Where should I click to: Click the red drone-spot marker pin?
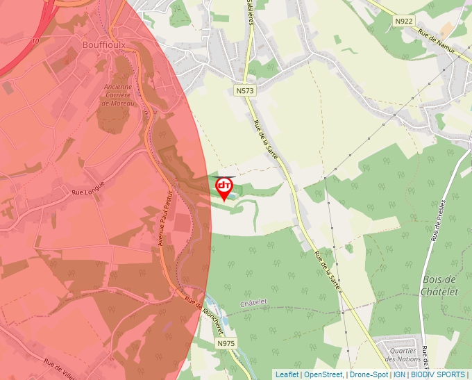(x=224, y=188)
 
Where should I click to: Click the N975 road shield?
(x=226, y=344)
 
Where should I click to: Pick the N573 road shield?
(x=244, y=91)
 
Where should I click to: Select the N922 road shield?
(x=403, y=22)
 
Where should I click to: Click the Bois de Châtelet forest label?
(x=439, y=286)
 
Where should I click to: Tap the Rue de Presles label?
(x=437, y=220)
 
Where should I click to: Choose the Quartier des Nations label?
(x=402, y=354)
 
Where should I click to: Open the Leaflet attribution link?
(x=287, y=374)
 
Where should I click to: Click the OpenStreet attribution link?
(x=323, y=374)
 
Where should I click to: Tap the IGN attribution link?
(x=399, y=374)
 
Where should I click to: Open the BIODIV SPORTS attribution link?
(x=437, y=374)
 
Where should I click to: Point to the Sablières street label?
(x=250, y=10)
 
